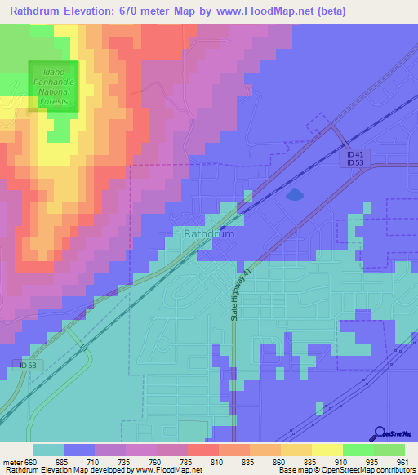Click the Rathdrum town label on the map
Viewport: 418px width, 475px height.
[209, 233]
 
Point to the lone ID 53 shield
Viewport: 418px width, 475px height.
[29, 364]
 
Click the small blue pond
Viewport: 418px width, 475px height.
[293, 194]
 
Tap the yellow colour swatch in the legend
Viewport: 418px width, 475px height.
[327, 450]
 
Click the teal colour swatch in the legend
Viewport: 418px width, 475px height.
[48, 450]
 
